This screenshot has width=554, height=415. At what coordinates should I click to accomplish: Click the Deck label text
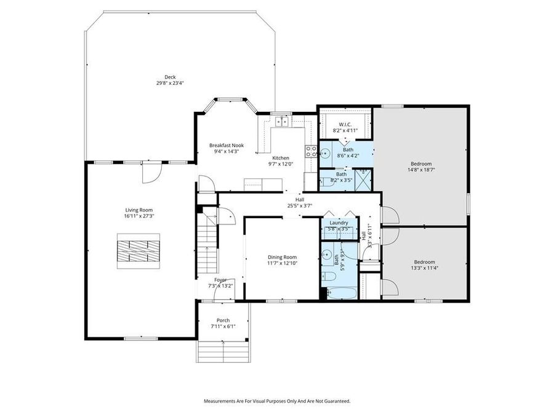(x=161, y=77)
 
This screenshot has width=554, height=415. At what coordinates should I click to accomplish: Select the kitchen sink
(x=282, y=121)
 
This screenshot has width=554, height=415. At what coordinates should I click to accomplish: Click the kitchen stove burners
(x=311, y=151)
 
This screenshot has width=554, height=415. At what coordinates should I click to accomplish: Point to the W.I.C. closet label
(x=345, y=125)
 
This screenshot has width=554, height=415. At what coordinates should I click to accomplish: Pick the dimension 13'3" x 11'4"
(x=424, y=267)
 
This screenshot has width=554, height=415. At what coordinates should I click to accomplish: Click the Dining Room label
(x=282, y=257)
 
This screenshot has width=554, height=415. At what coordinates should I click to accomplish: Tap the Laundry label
(x=339, y=223)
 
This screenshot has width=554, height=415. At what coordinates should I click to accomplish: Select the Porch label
(x=223, y=320)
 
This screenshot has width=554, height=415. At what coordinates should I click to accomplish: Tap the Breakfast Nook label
(x=226, y=145)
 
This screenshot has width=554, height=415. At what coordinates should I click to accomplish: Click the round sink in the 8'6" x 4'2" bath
(x=326, y=153)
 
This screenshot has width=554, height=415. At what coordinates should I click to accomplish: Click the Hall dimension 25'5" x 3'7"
(x=300, y=206)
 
